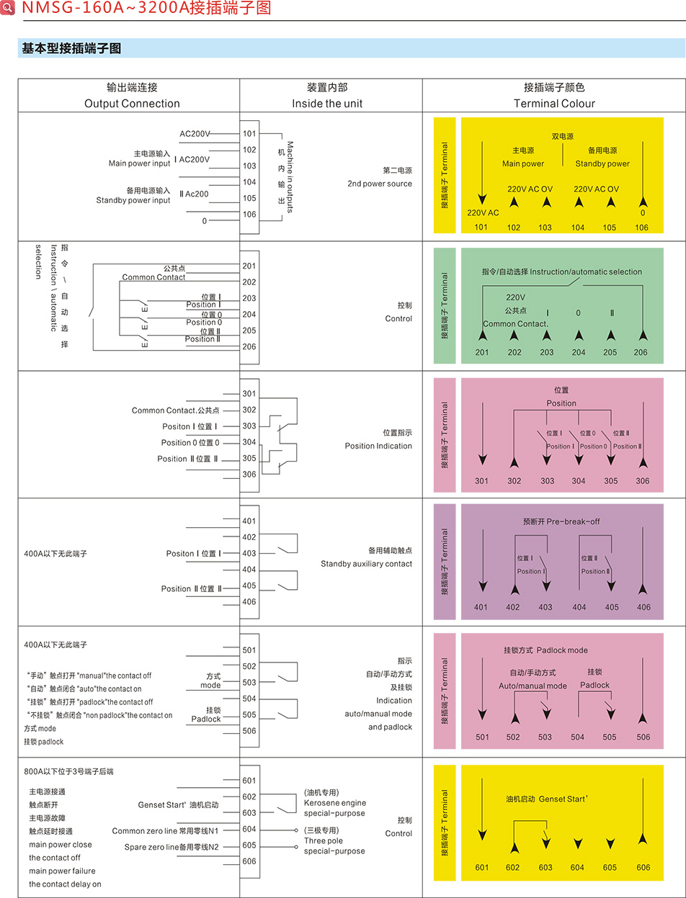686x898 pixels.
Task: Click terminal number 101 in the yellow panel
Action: [x=481, y=228]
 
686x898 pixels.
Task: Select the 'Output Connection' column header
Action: [x=132, y=104]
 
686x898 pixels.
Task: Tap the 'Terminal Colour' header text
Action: [x=554, y=104]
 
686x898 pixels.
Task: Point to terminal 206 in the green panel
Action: [x=641, y=352]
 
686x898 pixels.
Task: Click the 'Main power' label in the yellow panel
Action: [x=523, y=163]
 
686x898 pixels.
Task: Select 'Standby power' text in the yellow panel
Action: [x=602, y=163]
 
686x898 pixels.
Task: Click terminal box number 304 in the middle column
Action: [x=249, y=442]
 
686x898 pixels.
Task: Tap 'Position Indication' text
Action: [x=378, y=446]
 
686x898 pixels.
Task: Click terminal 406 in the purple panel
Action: [x=643, y=607]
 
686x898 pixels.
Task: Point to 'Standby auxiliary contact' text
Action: [x=366, y=564]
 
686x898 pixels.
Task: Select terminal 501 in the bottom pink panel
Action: [x=482, y=737]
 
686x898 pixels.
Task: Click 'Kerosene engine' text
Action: [x=334, y=803]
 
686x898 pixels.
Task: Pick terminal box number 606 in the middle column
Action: [x=249, y=861]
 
